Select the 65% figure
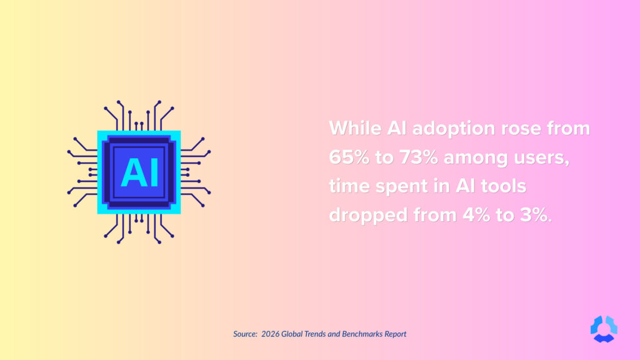[x=349, y=157]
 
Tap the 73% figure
[x=415, y=157]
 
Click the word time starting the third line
[x=351, y=186]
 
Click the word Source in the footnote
[x=245, y=334]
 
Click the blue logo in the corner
[x=603, y=329]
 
